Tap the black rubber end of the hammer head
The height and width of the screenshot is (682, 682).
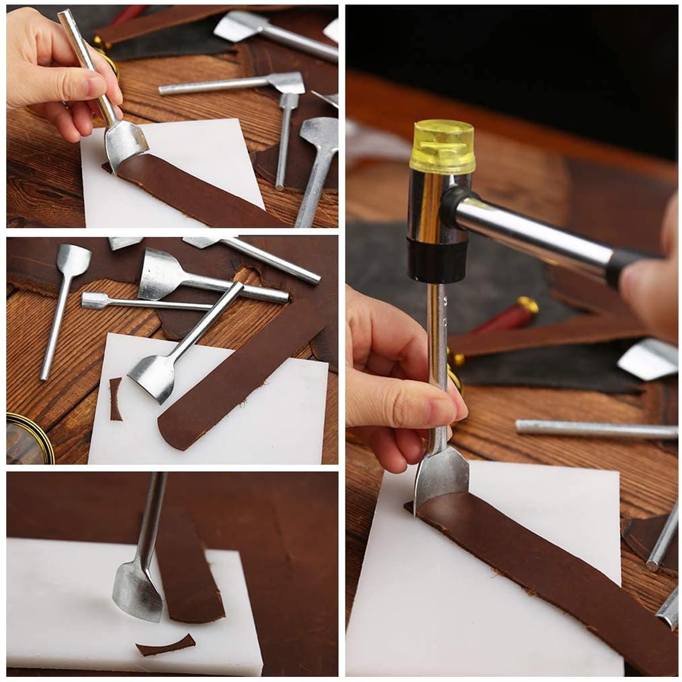[x=437, y=259]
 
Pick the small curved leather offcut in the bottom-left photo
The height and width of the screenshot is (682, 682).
[x=165, y=646]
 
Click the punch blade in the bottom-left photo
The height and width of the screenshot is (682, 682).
[x=136, y=591]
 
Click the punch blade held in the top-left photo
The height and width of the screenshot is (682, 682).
[x=125, y=142]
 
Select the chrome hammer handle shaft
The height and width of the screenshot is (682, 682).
[x=529, y=227]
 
